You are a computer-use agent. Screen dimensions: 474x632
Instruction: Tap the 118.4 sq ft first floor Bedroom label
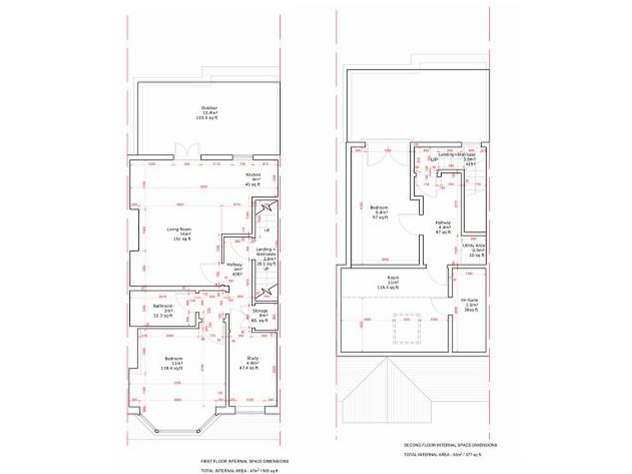click(x=173, y=362)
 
